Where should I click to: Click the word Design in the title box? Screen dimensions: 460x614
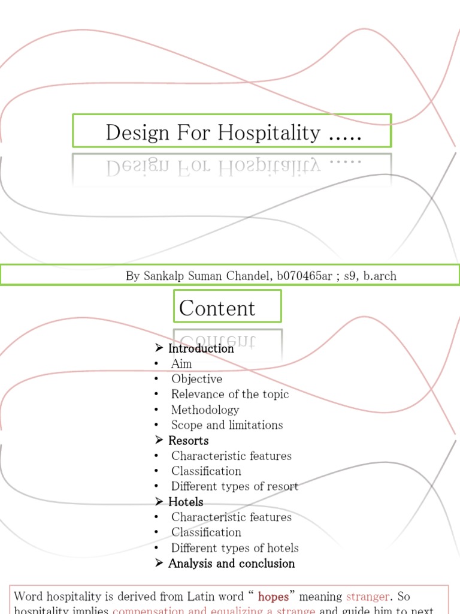(138, 133)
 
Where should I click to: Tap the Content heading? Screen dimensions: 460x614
(217, 308)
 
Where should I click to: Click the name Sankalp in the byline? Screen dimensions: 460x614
(164, 276)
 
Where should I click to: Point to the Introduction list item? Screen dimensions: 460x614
(201, 348)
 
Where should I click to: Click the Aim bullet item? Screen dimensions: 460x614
(181, 364)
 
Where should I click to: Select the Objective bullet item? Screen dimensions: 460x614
(196, 379)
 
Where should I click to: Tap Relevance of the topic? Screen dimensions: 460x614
(230, 394)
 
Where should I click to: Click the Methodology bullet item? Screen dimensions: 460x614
(205, 410)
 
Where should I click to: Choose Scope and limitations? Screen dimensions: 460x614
(227, 425)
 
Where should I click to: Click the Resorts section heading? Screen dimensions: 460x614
(188, 441)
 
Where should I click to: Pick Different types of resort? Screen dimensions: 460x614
(235, 486)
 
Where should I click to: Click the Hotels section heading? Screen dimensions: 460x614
(186, 502)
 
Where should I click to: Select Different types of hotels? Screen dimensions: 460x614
(235, 547)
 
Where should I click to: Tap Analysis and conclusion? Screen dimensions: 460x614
(231, 564)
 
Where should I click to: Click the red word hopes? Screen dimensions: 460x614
(273, 597)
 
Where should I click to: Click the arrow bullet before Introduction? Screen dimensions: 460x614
(159, 348)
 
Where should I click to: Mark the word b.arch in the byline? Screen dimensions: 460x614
(379, 276)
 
